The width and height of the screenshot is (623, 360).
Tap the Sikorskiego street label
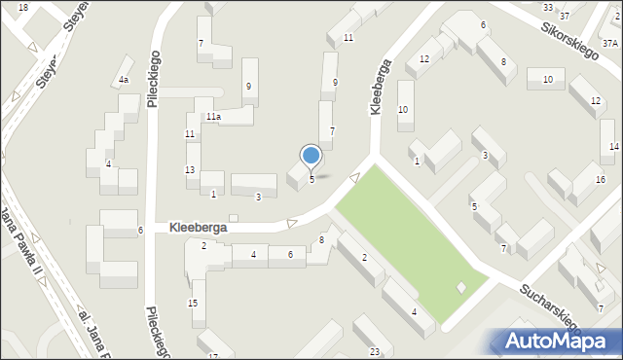click(x=571, y=38)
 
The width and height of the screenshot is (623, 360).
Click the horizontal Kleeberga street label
click(x=199, y=226)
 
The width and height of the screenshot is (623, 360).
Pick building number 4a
click(x=124, y=80)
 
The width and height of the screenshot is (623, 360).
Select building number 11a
click(x=213, y=117)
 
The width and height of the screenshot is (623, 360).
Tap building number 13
click(x=190, y=170)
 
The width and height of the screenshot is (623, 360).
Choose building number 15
click(x=193, y=304)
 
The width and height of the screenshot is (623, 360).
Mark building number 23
click(x=374, y=351)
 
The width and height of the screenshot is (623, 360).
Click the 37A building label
click(x=610, y=43)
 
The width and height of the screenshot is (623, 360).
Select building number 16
click(x=601, y=180)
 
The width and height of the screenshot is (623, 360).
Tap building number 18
click(x=23, y=7)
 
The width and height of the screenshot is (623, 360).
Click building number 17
click(x=213, y=356)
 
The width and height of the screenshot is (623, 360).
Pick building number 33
click(x=547, y=7)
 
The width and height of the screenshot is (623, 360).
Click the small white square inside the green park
click(x=461, y=286)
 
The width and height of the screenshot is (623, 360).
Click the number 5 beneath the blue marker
click(x=311, y=179)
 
